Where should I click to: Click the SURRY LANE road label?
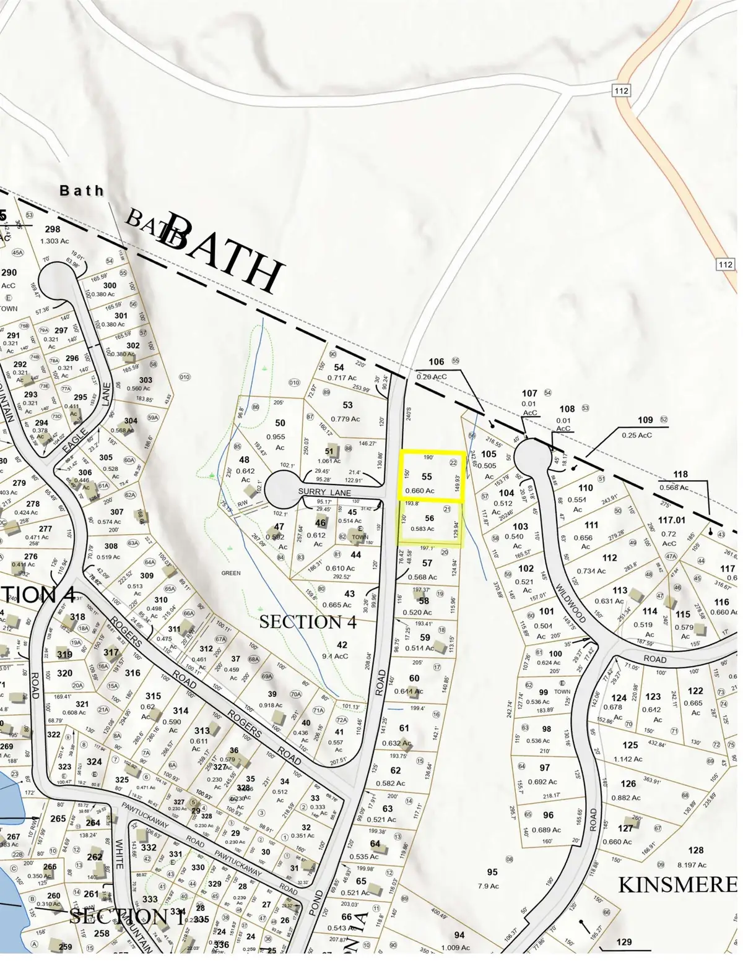[324, 493]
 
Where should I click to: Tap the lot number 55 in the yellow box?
[427, 476]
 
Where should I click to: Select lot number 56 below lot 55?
[430, 519]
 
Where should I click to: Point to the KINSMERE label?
[677, 884]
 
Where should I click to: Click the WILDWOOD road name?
[570, 603]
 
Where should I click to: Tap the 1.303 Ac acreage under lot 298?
[54, 241]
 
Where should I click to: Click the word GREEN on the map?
[231, 573]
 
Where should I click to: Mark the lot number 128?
[696, 850]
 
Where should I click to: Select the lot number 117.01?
[672, 520]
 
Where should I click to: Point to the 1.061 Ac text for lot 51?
[329, 460]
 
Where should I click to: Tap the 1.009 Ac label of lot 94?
[457, 947]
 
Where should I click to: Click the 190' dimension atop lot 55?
[428, 457]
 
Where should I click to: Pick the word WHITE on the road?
[119, 855]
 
